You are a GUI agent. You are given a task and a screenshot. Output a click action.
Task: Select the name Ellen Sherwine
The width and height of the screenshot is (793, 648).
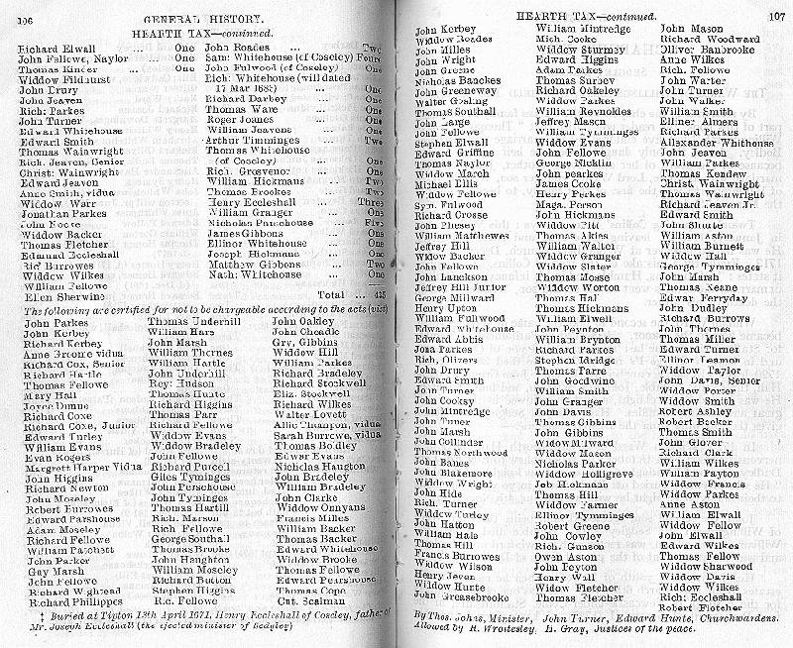(x=56, y=295)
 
